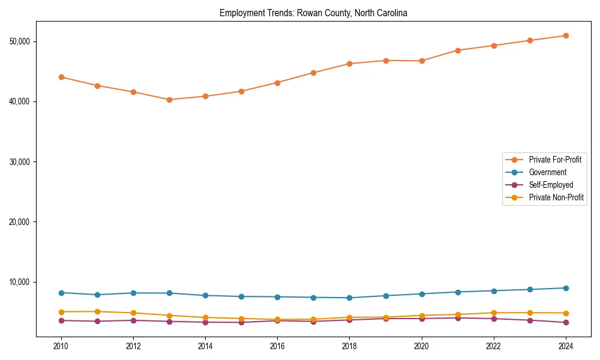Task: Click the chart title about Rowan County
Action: [313, 13]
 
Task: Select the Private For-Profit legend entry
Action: [555, 160]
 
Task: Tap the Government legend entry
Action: [547, 172]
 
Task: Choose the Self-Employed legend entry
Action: [551, 185]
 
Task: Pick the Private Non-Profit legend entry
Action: [556, 197]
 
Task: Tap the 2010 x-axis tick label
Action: [61, 346]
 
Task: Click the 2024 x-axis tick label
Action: [566, 346]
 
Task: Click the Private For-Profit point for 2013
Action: [169, 100]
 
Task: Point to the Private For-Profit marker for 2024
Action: [566, 35]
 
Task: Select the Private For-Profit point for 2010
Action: [61, 77]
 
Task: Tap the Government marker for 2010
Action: [61, 293]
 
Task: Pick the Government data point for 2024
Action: [566, 288]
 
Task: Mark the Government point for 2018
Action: [349, 298]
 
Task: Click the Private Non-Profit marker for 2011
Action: [97, 311]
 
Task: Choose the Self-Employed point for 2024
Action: [566, 322]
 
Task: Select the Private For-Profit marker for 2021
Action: [458, 50]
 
